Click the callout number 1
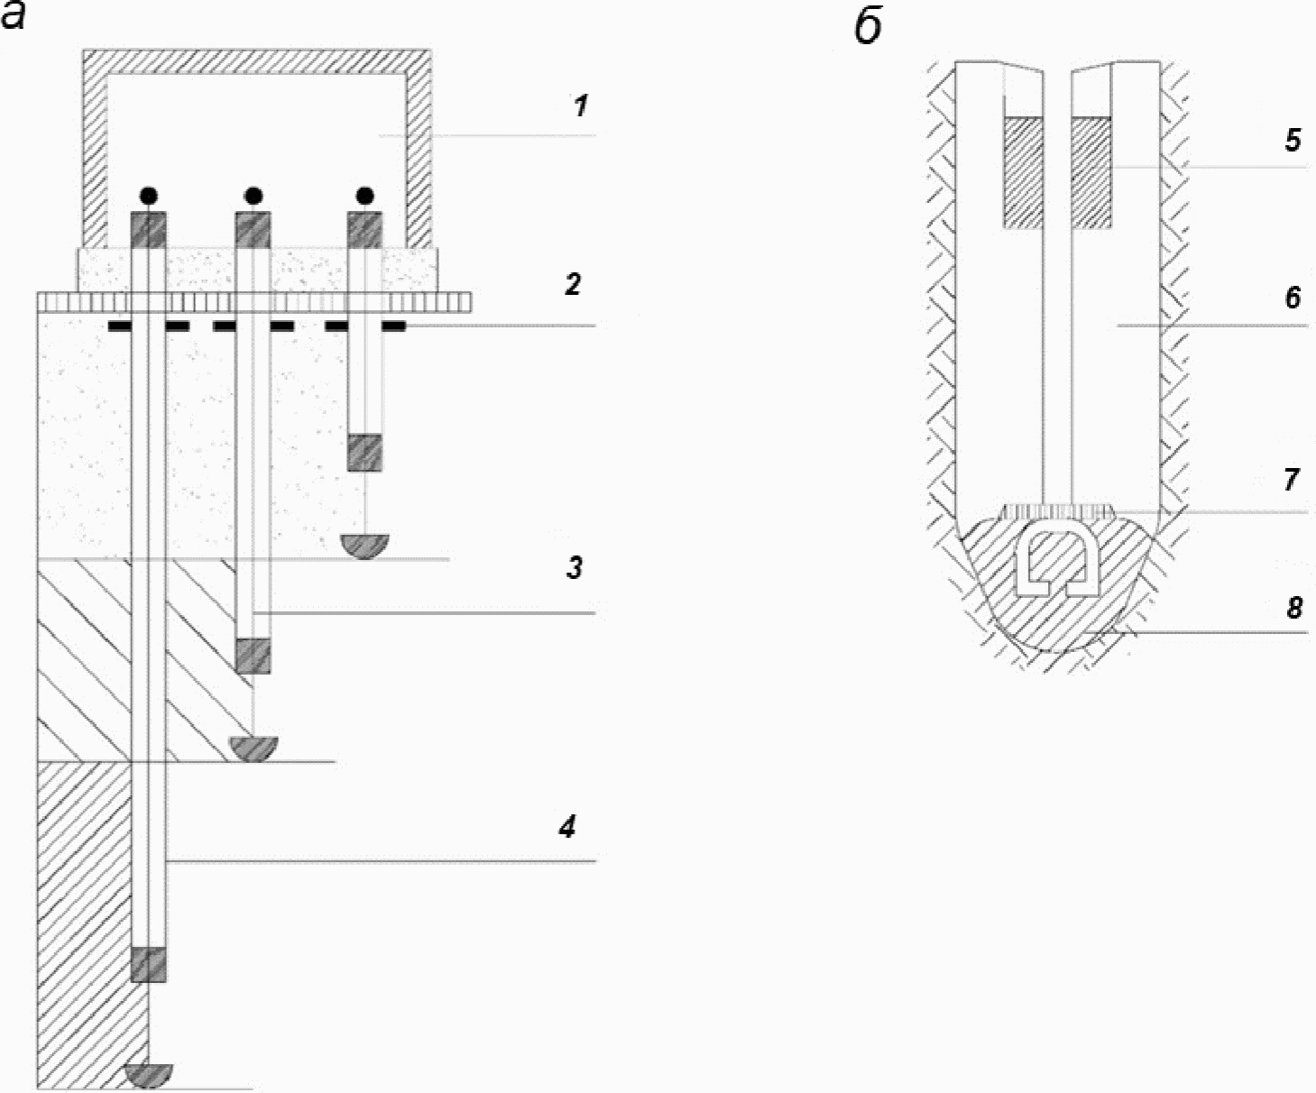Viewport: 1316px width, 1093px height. (x=581, y=106)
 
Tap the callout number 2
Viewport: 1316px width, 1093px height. (x=572, y=284)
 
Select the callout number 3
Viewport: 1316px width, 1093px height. (x=575, y=567)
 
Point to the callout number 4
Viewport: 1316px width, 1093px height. (x=567, y=826)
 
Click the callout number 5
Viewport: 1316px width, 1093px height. (x=1293, y=139)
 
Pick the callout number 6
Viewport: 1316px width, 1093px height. (x=1293, y=297)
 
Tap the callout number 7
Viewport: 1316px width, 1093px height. (x=1292, y=480)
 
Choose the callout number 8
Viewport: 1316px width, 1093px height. (x=1294, y=608)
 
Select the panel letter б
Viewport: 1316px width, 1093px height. (x=868, y=28)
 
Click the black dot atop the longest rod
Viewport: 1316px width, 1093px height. (x=149, y=196)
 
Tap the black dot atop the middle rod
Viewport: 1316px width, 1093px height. (x=253, y=196)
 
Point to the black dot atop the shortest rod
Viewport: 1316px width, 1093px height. (x=365, y=196)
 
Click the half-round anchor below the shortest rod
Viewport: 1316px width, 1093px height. (x=365, y=546)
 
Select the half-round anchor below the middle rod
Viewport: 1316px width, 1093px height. (x=253, y=748)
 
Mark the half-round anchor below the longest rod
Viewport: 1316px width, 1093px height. (x=149, y=1075)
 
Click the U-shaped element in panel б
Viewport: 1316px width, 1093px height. (x=1056, y=561)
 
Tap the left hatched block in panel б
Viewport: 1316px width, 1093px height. (x=1023, y=172)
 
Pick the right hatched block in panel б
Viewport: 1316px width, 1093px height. (x=1091, y=172)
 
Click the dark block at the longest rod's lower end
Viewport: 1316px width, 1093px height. (x=149, y=964)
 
